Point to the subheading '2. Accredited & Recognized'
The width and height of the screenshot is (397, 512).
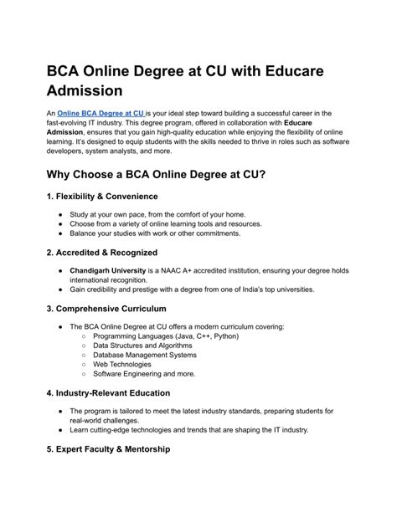(104, 252)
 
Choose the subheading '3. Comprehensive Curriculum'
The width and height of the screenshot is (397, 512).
(111, 309)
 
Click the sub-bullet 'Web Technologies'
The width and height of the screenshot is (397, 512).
(122, 365)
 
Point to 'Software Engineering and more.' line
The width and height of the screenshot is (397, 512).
(144, 374)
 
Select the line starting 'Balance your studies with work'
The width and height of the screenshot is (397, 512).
(166, 233)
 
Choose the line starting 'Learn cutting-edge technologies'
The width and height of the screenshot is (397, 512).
(188, 430)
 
